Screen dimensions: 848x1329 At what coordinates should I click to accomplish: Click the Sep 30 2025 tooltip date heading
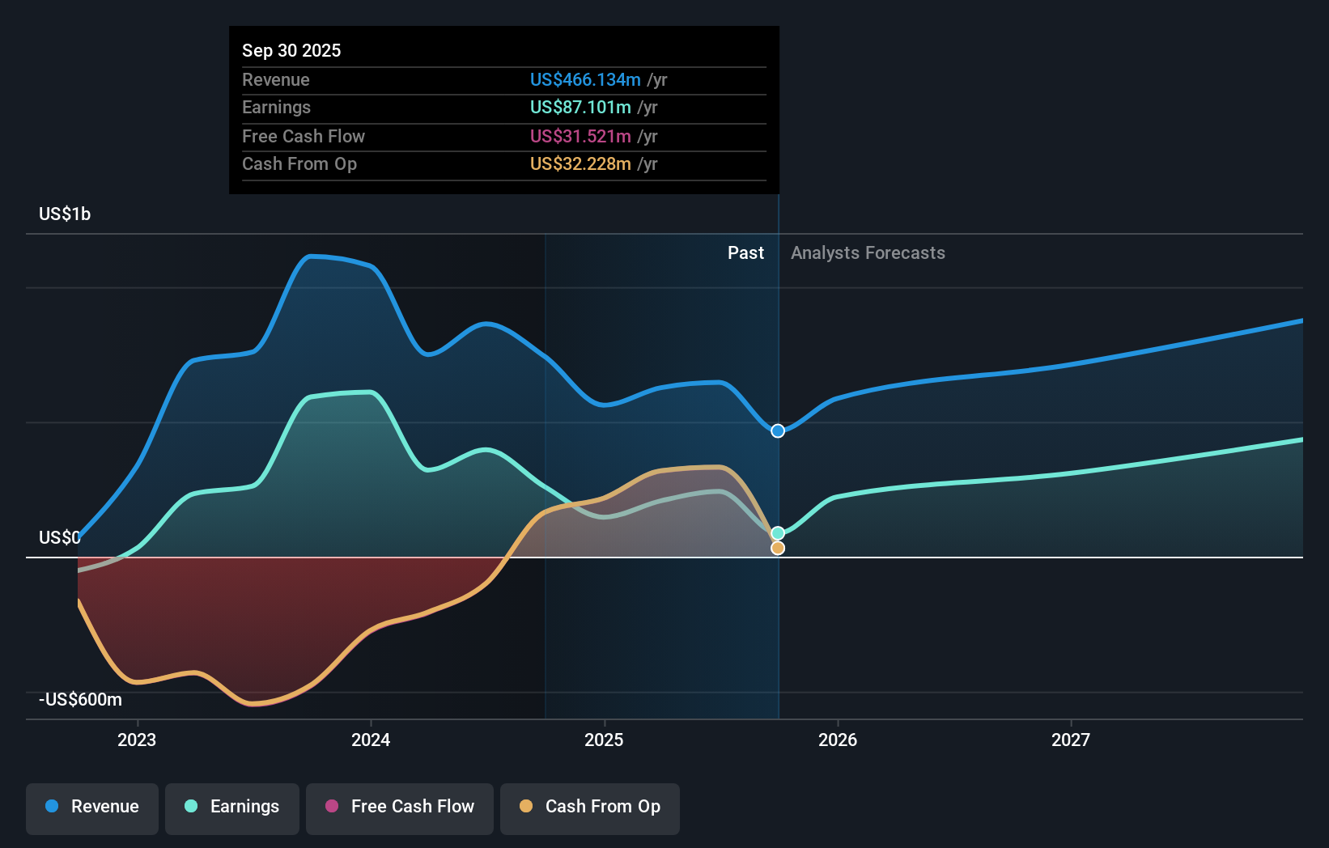point(291,50)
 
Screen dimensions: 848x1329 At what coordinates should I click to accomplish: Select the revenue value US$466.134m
point(585,79)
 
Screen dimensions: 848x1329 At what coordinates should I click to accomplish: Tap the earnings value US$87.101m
point(580,107)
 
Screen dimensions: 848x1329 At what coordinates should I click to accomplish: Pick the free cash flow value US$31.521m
point(580,136)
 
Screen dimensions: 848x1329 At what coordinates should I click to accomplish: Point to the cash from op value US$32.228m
point(580,163)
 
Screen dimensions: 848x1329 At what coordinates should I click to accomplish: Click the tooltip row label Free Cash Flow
point(304,136)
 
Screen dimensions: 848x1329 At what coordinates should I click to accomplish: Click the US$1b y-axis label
point(65,214)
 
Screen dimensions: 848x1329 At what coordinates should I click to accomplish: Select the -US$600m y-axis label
point(81,699)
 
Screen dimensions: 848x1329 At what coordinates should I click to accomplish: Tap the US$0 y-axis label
point(59,537)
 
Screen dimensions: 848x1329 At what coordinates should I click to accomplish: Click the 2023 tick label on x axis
point(137,740)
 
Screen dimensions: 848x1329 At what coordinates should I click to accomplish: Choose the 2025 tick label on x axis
point(604,740)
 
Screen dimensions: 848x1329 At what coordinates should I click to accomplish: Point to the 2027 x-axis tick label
point(1070,740)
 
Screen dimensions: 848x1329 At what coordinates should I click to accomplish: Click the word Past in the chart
point(745,252)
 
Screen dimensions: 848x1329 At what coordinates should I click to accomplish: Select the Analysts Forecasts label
point(868,252)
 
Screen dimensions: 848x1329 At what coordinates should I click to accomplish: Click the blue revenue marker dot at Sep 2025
point(778,430)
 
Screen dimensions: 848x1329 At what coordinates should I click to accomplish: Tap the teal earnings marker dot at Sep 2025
point(778,533)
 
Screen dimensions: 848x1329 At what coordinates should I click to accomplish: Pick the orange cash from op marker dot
point(778,548)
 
